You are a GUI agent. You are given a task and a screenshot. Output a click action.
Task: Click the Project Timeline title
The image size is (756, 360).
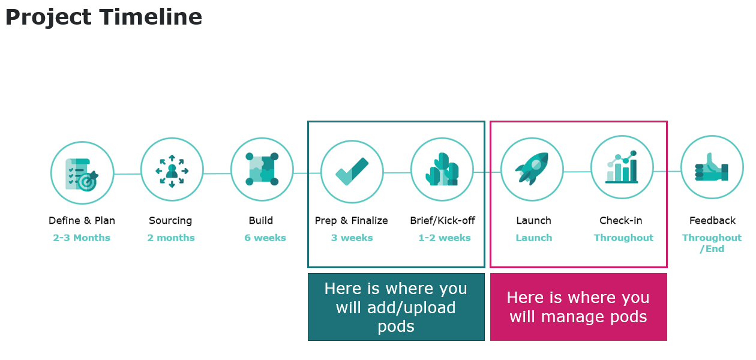(103, 17)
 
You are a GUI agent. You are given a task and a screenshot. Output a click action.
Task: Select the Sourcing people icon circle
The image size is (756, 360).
(172, 170)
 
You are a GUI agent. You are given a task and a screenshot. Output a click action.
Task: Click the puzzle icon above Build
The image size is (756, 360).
(262, 169)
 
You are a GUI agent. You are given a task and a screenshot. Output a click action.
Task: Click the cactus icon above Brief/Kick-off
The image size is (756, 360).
(442, 169)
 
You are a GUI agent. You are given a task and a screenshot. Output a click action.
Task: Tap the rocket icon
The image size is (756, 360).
(532, 169)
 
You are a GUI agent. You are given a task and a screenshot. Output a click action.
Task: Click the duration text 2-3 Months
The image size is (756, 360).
(82, 238)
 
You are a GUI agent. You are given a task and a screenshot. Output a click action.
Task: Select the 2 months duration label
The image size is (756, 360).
(171, 238)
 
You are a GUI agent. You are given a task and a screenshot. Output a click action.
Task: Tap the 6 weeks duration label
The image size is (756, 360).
(265, 238)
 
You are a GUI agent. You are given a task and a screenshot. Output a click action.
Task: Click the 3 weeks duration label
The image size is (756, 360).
(352, 238)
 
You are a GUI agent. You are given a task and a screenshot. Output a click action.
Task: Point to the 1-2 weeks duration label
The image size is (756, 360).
(445, 238)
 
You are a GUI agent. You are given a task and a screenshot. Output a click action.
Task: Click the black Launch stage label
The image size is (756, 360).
(533, 220)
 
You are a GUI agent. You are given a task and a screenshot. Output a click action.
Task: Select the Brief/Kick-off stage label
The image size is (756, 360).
(443, 220)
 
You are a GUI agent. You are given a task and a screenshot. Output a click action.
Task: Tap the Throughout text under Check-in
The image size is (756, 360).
(623, 238)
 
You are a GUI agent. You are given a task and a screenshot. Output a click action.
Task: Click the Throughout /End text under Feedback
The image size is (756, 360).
(712, 243)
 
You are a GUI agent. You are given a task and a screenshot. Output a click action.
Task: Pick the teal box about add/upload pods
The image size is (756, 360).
(396, 307)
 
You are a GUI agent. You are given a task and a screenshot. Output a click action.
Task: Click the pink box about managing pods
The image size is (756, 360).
(578, 307)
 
